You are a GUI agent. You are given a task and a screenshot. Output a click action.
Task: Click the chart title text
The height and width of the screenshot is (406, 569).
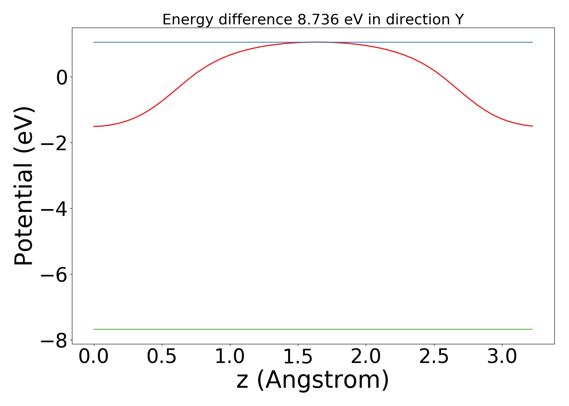(x=313, y=19)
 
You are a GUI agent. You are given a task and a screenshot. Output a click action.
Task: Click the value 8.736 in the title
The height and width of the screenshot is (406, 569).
(x=318, y=19)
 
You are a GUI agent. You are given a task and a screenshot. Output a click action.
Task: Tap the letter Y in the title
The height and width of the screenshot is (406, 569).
(x=459, y=19)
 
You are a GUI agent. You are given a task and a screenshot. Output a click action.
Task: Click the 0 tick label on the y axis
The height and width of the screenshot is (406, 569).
(x=62, y=77)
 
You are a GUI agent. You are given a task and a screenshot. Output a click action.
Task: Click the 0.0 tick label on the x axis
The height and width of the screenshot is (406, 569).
(x=94, y=357)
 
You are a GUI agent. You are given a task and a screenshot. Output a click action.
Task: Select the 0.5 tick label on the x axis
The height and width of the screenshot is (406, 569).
(x=162, y=357)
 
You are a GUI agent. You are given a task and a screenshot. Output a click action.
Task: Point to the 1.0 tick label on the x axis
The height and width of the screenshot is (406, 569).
(x=230, y=357)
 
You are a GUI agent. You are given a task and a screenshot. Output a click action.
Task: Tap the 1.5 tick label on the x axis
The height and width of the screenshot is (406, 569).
(x=298, y=357)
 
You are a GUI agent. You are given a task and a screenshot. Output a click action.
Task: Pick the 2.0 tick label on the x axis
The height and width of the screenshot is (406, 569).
(x=366, y=357)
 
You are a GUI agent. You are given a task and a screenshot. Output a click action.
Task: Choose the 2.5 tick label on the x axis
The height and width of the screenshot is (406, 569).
(x=434, y=357)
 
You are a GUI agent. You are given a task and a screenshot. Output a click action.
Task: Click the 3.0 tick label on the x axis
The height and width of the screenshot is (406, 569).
(x=502, y=357)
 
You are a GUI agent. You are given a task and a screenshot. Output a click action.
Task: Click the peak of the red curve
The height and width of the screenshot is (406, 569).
(x=316, y=42)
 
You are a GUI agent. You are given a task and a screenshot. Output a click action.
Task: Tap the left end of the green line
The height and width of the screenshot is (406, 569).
(x=94, y=329)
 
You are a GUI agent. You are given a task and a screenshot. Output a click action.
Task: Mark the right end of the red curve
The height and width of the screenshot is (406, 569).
(x=532, y=126)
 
